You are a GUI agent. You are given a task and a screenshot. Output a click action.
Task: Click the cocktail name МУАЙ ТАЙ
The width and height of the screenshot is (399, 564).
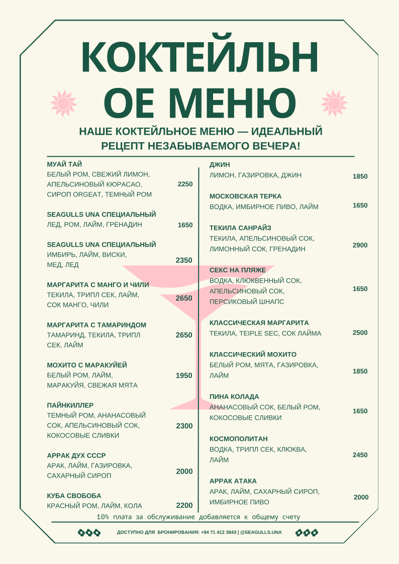click(64, 164)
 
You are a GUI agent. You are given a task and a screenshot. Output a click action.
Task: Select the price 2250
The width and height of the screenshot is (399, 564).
click(185, 184)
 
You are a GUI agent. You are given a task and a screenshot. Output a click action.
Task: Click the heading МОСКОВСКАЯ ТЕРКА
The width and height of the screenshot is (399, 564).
click(245, 196)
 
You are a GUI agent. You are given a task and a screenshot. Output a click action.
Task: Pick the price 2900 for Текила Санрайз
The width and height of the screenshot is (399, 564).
click(360, 245)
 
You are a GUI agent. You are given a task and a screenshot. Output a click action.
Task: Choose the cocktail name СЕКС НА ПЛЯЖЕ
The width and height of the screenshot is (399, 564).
click(238, 270)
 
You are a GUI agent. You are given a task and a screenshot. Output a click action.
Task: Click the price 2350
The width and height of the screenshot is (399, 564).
click(184, 260)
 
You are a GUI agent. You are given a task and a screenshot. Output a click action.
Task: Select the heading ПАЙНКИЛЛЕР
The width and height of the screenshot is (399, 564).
click(70, 405)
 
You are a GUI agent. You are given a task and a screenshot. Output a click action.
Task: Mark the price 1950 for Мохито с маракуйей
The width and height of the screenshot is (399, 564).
click(184, 376)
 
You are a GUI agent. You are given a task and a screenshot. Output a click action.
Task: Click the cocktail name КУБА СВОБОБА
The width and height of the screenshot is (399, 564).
click(74, 496)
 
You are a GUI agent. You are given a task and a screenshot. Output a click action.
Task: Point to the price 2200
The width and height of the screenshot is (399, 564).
click(184, 506)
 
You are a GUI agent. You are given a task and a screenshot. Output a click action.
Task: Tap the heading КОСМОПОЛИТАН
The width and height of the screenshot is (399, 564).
click(239, 439)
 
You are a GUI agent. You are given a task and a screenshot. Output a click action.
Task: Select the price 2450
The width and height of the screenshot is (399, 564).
click(360, 455)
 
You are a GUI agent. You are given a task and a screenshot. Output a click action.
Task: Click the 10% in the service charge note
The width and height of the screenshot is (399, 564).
click(103, 517)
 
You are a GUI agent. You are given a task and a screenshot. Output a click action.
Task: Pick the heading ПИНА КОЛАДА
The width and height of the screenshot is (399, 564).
click(234, 397)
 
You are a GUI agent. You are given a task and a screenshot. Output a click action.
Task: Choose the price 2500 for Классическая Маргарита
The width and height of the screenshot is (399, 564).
click(360, 332)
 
